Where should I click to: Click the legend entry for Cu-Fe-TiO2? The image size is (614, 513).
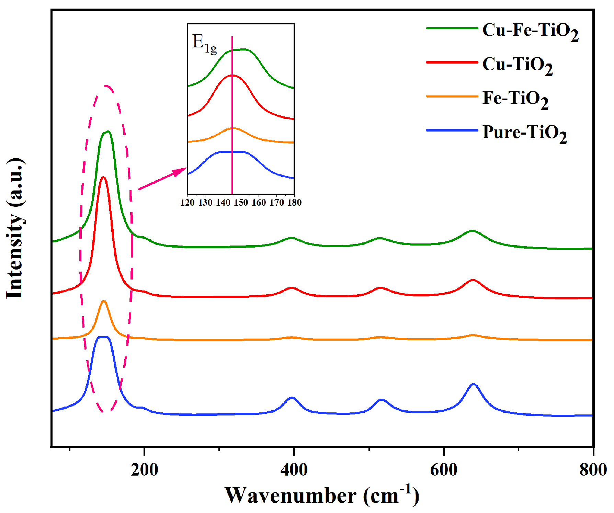[x=530, y=31]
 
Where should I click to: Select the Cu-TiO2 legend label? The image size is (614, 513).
[x=517, y=65]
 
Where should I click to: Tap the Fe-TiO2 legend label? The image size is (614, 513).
[x=515, y=99]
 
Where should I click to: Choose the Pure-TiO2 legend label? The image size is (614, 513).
[x=524, y=133]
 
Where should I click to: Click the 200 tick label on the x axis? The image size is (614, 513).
[x=144, y=469]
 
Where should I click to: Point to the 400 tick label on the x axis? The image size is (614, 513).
[x=294, y=469]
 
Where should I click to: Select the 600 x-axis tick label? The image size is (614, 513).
[x=444, y=469]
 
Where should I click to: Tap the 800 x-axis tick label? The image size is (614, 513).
[x=593, y=469]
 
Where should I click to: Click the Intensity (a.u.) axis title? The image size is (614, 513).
[x=15, y=228]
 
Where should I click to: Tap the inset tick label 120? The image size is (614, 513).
[x=187, y=203]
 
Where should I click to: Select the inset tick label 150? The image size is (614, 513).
[x=241, y=203]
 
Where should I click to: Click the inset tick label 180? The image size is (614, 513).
[x=294, y=203]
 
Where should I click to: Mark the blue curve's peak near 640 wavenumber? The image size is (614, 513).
[x=474, y=384]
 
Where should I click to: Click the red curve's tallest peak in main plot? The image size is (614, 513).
[x=103, y=178]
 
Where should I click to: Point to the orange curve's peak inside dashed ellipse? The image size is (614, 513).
[x=104, y=301]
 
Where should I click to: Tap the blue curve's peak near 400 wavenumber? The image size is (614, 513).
[x=292, y=398]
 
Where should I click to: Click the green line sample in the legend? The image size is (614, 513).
[x=452, y=28]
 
